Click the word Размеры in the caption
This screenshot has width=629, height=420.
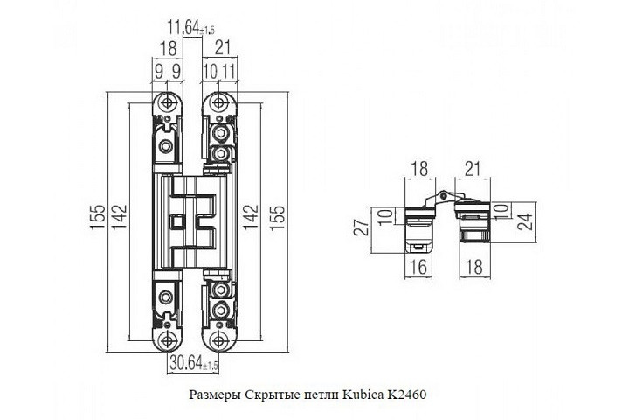(x=215, y=395)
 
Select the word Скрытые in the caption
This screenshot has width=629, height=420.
(x=270, y=395)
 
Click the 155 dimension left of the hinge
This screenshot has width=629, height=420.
(x=98, y=217)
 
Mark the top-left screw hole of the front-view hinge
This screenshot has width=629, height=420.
(x=166, y=101)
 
